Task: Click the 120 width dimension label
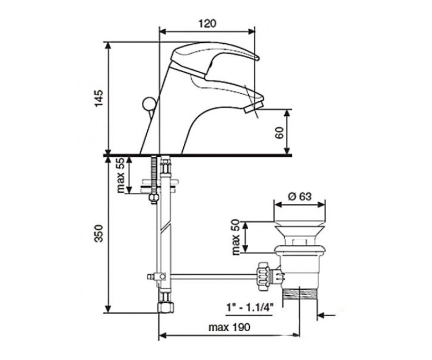tap(207, 23)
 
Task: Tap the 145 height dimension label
tap(99, 99)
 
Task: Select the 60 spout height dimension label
tap(279, 133)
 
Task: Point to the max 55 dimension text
tap(121, 176)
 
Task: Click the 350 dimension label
tap(99, 234)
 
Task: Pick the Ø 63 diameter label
tap(300, 197)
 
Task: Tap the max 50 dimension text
tap(236, 237)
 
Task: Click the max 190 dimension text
tap(229, 327)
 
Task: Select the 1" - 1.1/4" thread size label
tap(250, 306)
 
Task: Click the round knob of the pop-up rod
tap(147, 104)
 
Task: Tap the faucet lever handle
tap(214, 58)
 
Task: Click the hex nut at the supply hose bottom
tap(165, 307)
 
